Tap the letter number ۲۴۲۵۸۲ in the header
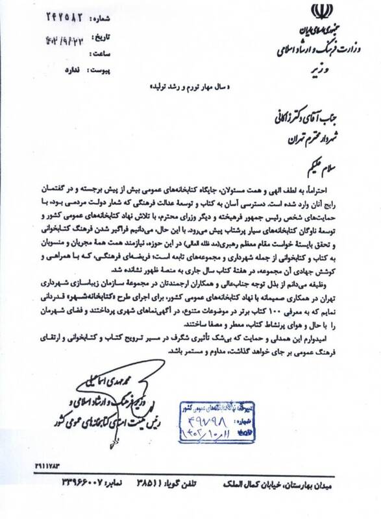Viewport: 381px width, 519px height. (x=64, y=16)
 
